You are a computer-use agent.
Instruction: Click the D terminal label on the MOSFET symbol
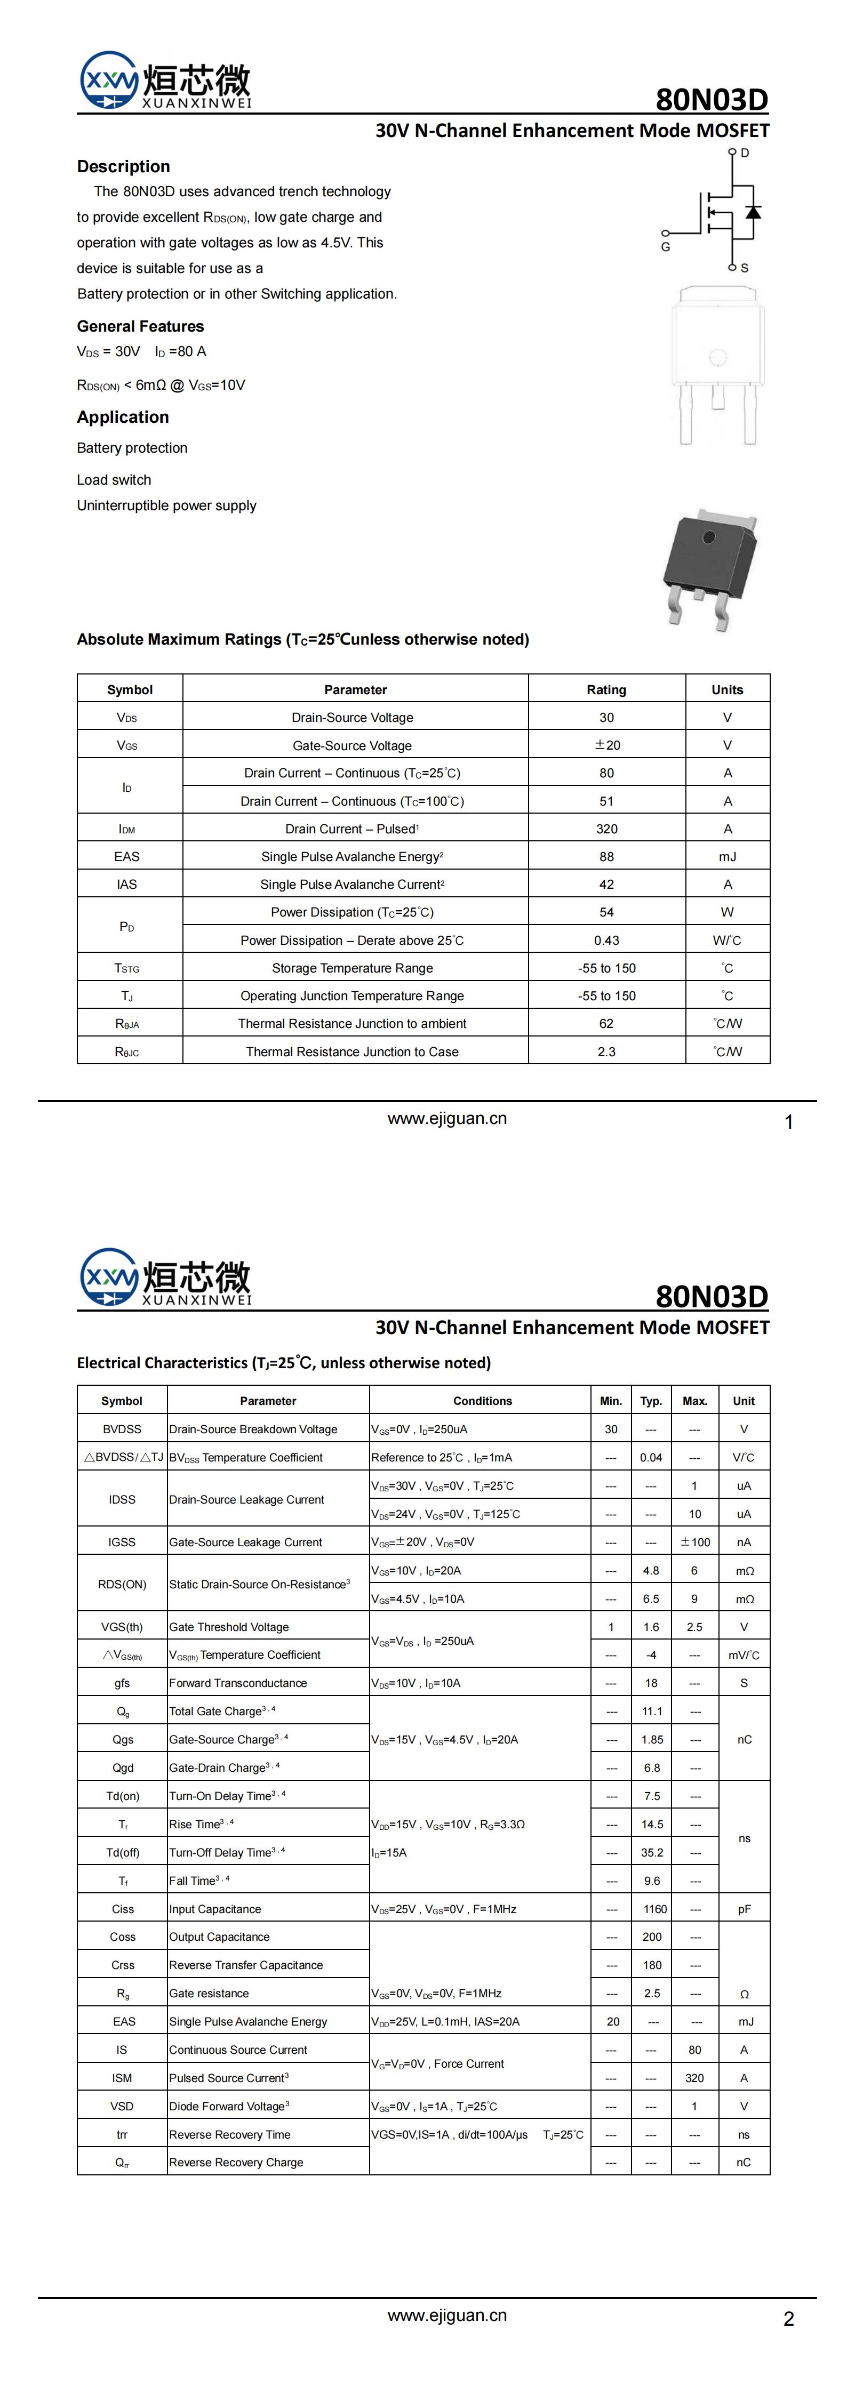pos(745,152)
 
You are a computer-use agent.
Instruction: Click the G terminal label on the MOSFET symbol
pos(666,247)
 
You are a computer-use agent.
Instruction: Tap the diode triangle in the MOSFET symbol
pos(753,212)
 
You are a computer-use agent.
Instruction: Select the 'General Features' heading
pos(140,326)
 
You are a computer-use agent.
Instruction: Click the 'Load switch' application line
pos(114,479)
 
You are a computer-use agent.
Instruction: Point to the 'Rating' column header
pos(606,689)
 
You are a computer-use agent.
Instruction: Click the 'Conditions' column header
pos(483,1401)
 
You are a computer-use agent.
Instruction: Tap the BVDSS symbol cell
pos(122,1429)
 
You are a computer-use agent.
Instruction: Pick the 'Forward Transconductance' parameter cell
pos(238,1683)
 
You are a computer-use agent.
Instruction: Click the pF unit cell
pos(744,1909)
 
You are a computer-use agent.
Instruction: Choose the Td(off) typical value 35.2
pos(652,1852)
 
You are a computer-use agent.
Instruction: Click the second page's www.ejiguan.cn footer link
pos(447,2315)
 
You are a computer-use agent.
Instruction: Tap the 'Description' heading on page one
pos(124,166)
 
